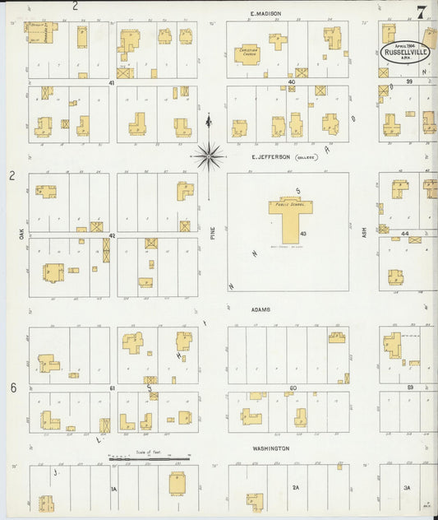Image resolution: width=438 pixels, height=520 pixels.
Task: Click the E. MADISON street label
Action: tap(265, 13)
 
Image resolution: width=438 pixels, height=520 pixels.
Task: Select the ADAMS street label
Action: tap(262, 310)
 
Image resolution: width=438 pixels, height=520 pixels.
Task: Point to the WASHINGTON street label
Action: tap(270, 448)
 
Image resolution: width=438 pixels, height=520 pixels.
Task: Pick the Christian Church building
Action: tap(247, 53)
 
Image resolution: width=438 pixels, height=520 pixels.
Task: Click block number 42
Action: tap(109, 235)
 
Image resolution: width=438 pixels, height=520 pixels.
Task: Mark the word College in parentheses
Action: tap(308, 156)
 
